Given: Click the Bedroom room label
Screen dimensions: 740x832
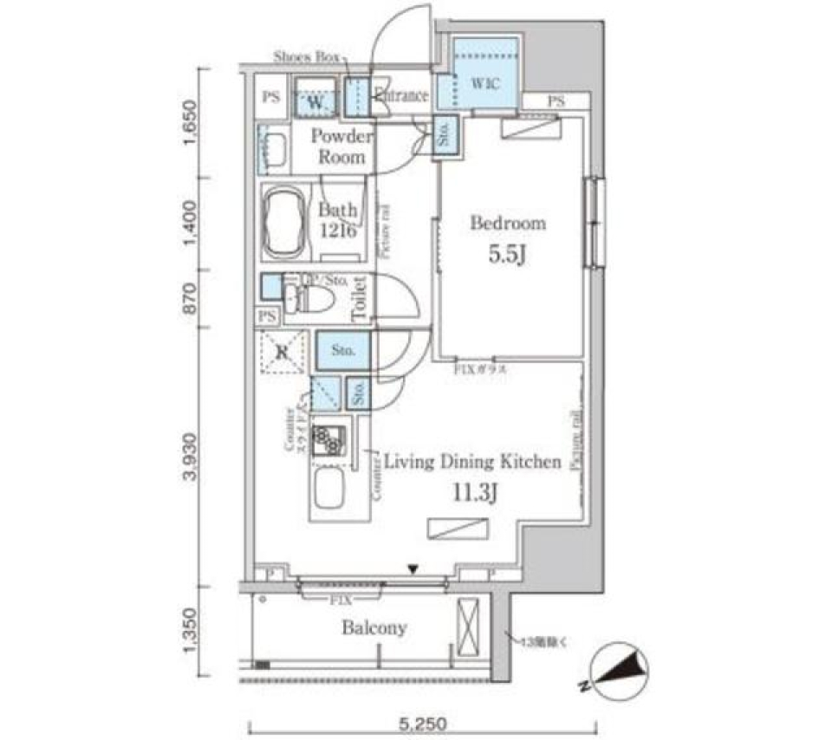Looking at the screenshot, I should coord(508,224).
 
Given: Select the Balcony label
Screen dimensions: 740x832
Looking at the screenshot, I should coord(374,628).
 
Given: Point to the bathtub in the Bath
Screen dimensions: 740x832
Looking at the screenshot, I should coord(282,223).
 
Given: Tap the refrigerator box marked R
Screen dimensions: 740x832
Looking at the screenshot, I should coord(283,353).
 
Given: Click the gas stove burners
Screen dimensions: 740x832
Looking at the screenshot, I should coord(329,441).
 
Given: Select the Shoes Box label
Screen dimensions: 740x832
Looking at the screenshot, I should coord(306,57).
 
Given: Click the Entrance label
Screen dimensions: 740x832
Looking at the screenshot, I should coord(401,96).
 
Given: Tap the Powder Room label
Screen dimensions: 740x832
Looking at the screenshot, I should coord(341,147).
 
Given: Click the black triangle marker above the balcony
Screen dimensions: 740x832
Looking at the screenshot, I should coord(414,569).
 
